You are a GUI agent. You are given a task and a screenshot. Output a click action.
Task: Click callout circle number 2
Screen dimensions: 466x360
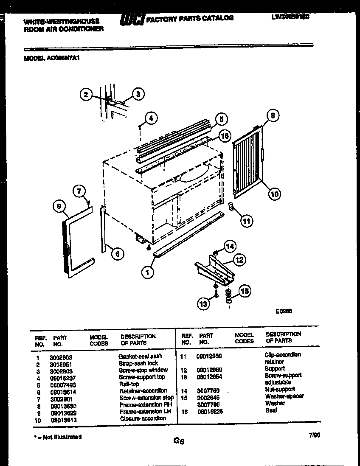coord(86,95)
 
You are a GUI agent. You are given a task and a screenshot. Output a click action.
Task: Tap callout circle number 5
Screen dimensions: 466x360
coord(220,119)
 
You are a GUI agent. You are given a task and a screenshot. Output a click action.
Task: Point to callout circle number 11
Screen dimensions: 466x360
coord(246,220)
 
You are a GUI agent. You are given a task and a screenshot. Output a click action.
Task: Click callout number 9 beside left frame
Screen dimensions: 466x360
coord(59,206)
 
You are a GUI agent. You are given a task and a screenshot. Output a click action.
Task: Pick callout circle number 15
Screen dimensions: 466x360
coord(245,291)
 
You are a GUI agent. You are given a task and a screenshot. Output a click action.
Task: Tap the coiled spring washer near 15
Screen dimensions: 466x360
coord(228,295)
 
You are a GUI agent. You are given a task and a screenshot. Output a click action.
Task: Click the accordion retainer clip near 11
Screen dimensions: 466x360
coord(231,206)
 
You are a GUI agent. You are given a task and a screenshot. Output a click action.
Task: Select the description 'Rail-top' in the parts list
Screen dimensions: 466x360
coord(129,384)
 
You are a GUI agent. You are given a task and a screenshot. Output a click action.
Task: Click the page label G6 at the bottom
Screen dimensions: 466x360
coord(178,441)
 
